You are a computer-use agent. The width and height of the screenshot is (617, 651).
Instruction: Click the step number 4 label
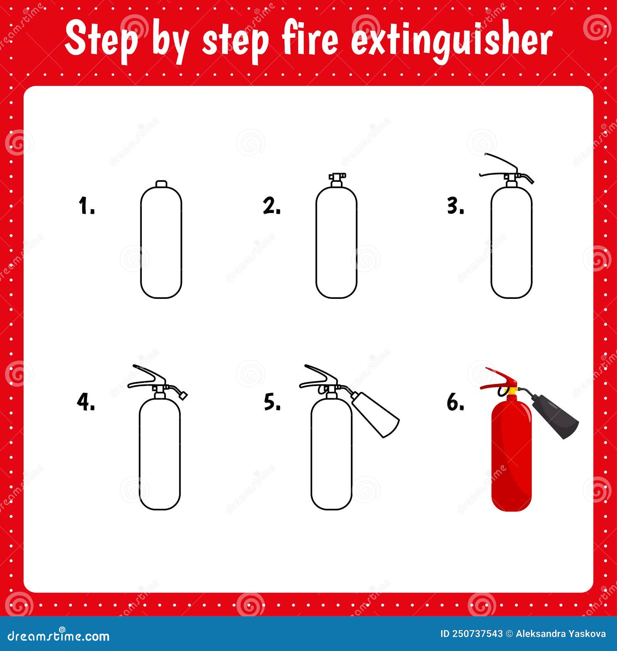[x=86, y=402]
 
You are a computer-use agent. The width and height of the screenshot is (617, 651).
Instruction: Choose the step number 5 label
[x=272, y=402]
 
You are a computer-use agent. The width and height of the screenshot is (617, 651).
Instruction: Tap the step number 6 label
[x=455, y=402]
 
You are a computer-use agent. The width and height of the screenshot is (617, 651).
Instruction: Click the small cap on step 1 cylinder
[x=161, y=183]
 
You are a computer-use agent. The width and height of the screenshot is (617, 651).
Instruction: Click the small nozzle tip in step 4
[x=183, y=394]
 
